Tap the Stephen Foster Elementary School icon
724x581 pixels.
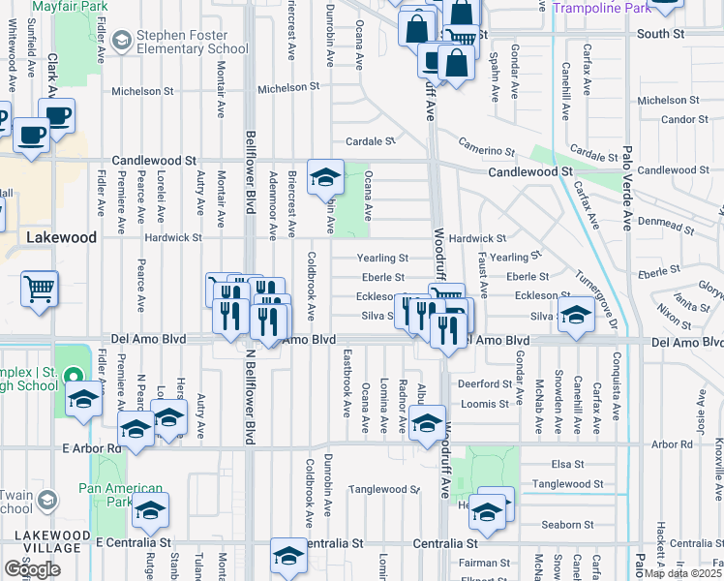tap(122, 40)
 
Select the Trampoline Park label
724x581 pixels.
tap(602, 8)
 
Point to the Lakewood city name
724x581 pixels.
tap(61, 236)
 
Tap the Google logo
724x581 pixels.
tap(32, 568)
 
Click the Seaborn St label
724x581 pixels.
tap(568, 525)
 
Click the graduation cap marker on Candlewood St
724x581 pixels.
tap(326, 176)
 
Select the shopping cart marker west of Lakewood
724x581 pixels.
tap(39, 288)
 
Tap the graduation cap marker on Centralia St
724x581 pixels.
tap(287, 555)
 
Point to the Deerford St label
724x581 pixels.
tap(484, 383)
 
